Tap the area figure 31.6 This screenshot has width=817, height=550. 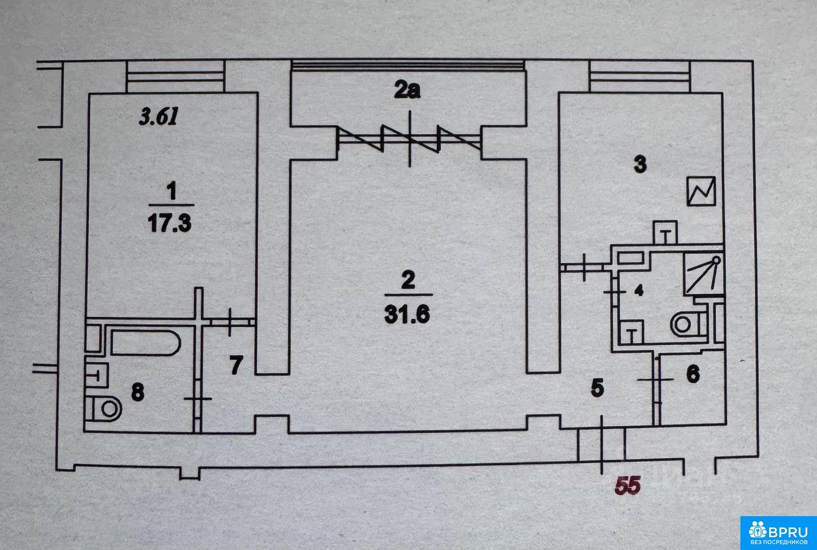[x=408, y=314]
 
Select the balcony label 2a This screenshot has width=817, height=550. [x=407, y=91]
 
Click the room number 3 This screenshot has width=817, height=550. [x=640, y=164]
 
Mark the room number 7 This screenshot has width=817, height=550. [x=236, y=366]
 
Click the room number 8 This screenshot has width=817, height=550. [x=137, y=392]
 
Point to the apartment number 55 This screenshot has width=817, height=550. [x=627, y=485]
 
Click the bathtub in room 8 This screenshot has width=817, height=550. [x=146, y=342]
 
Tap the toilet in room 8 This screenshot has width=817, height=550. [x=105, y=407]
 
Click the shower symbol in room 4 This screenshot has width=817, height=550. [x=702, y=273]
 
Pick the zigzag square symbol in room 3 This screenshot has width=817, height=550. [x=702, y=191]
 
